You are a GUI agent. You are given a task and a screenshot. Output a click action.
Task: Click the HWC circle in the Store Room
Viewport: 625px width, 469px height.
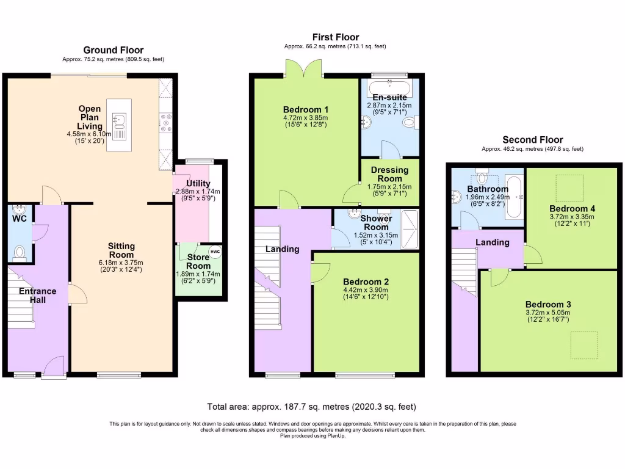point(214,252)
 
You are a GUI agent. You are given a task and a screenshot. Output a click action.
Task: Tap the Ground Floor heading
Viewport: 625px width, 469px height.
point(114,50)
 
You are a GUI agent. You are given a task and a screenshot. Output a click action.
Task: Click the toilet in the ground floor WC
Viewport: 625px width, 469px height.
point(18,251)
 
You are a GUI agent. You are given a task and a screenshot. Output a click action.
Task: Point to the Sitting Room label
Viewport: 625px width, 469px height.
point(121,250)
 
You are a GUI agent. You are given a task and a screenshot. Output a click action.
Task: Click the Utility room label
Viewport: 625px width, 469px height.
point(198,183)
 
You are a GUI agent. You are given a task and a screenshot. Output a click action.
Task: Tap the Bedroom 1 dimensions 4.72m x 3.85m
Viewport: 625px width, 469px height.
point(305,118)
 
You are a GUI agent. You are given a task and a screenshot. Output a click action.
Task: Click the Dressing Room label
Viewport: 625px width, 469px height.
point(389,175)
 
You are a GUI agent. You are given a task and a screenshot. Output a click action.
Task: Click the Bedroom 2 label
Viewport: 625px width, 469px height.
point(366,282)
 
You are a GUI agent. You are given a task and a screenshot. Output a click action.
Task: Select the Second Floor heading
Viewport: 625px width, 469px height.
point(532,140)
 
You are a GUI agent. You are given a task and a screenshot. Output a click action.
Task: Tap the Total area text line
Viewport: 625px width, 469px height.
point(312,406)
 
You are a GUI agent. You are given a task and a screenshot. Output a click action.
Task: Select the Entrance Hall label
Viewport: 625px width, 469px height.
point(37,296)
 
